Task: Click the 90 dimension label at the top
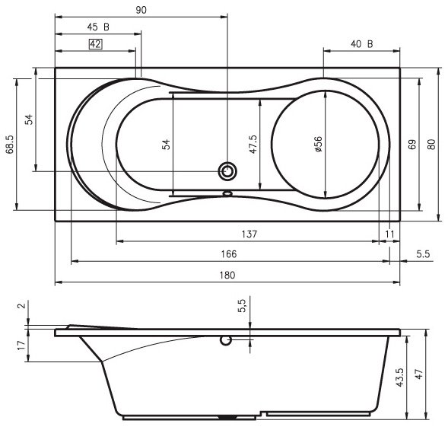[141, 10]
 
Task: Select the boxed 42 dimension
[95, 44]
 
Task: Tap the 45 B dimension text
[98, 27]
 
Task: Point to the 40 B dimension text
[362, 44]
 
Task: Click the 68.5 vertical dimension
[11, 145]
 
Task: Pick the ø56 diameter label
[318, 144]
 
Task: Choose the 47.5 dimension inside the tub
[253, 145]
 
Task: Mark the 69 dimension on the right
[412, 145]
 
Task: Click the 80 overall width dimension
[432, 145]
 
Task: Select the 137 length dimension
[249, 234]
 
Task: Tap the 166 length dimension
[229, 254]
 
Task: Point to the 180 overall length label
[227, 275]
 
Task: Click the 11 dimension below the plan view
[389, 234]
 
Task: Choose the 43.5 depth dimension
[400, 377]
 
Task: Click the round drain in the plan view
[227, 171]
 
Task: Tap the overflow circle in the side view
[225, 340]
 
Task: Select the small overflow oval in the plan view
[227, 193]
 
